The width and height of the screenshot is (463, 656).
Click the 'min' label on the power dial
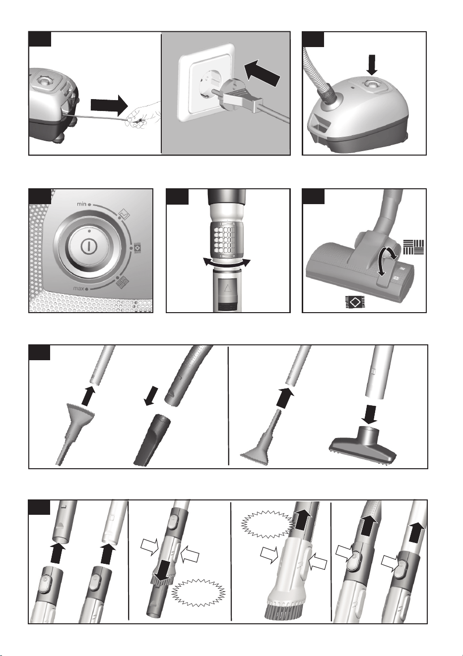pos(81,204)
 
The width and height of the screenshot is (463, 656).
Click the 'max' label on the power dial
pos(79,289)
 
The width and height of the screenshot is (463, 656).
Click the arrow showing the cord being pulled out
pos(110,105)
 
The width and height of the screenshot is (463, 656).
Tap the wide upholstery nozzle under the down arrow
pos(363,446)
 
